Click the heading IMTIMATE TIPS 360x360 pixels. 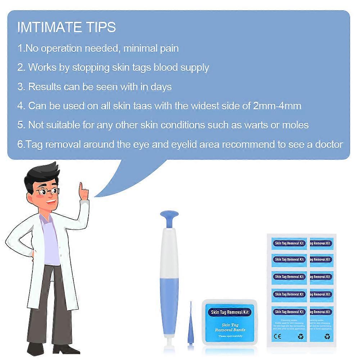(67, 27)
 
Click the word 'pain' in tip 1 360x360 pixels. (169, 48)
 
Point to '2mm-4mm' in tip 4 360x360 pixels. (277, 106)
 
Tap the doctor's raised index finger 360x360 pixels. (82, 187)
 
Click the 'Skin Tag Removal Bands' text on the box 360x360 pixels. (230, 327)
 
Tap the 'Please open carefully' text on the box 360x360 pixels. (230, 336)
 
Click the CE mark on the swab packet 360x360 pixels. (278, 337)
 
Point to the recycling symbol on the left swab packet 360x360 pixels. (301, 337)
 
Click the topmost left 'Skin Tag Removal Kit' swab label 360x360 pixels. (289, 243)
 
